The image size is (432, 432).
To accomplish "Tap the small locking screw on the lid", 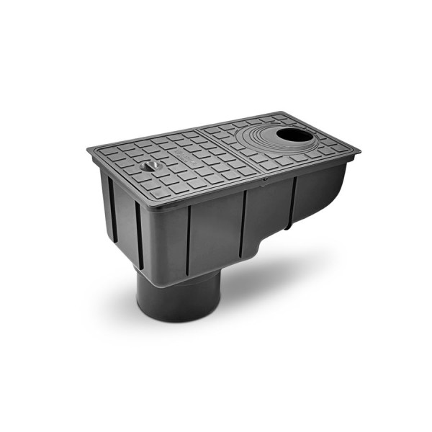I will [150, 167].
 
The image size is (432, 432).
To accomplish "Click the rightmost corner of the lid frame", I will [359, 151].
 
